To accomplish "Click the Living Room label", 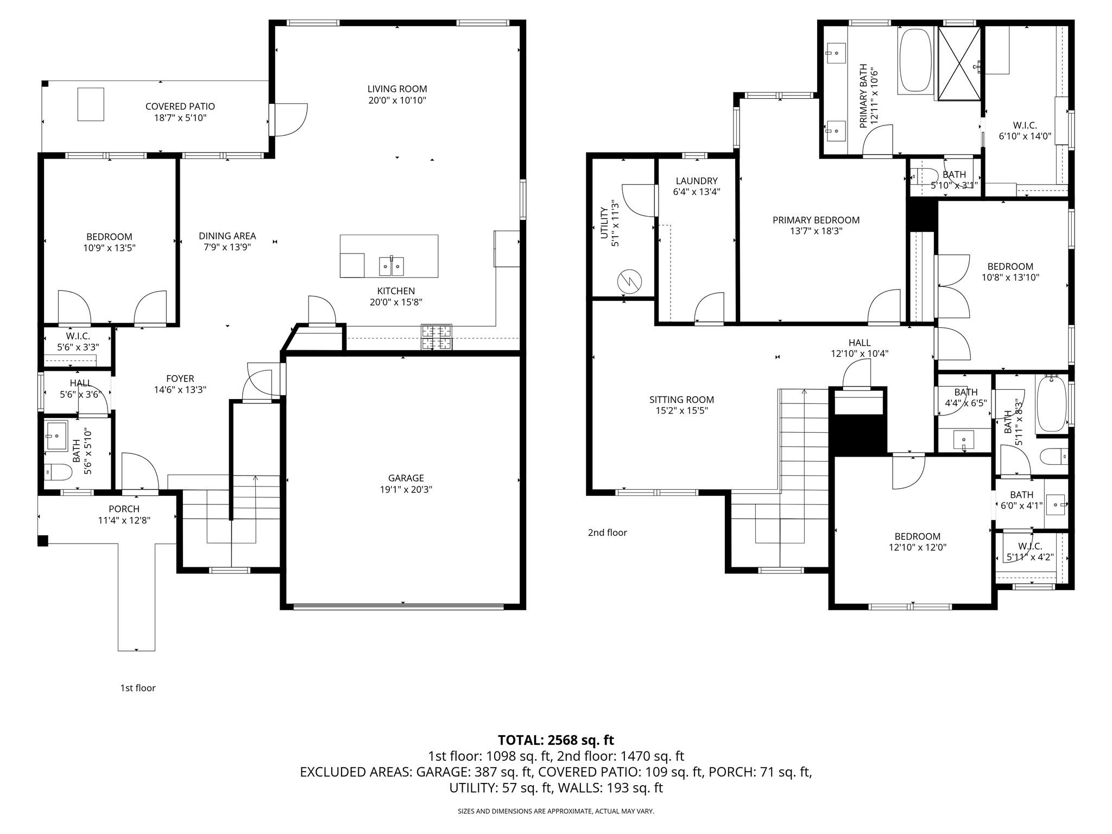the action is [x=397, y=89].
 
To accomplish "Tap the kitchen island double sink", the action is [x=391, y=266].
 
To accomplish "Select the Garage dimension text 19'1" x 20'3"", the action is [x=406, y=489].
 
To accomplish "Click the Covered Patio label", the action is [x=180, y=106].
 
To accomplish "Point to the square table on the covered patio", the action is [x=91, y=104].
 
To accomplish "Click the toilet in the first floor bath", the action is [x=58, y=472].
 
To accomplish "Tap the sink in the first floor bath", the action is [x=56, y=436].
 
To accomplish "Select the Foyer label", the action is [x=180, y=378].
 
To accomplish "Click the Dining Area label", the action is [x=227, y=236].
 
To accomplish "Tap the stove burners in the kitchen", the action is [x=437, y=337].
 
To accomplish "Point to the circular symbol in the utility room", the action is [x=629, y=281].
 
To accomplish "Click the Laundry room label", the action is [x=697, y=181].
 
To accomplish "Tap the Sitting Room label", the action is [x=681, y=400].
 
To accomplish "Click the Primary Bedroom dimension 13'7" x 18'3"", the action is [x=816, y=231].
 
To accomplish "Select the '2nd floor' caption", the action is [x=608, y=533].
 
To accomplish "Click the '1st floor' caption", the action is [x=138, y=688].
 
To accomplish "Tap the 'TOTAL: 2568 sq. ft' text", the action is [x=556, y=740].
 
